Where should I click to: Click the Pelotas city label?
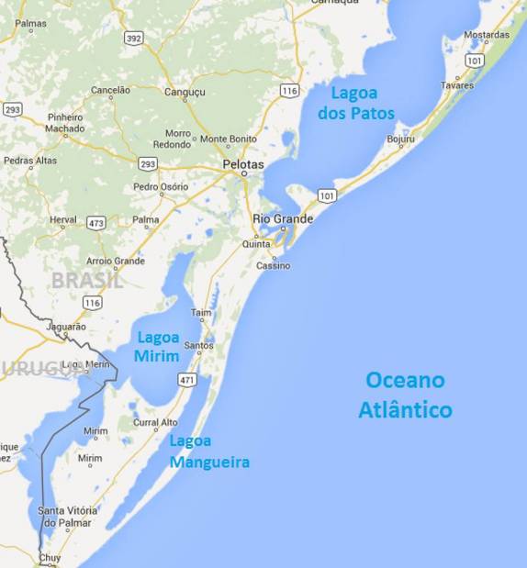click(x=243, y=164)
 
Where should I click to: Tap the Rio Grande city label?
click(x=283, y=218)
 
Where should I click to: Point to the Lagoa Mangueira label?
click(x=209, y=451)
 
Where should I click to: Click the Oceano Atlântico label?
click(x=405, y=395)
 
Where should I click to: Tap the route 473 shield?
click(x=96, y=223)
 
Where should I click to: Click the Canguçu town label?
click(x=185, y=91)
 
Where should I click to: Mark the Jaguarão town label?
click(x=65, y=326)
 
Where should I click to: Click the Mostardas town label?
click(x=487, y=35)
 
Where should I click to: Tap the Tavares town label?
click(x=456, y=85)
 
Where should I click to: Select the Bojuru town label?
click(x=401, y=139)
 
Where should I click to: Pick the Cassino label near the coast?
click(x=273, y=265)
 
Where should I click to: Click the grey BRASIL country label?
click(x=87, y=281)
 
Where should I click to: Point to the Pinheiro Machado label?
click(x=65, y=123)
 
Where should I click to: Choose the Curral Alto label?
click(x=155, y=423)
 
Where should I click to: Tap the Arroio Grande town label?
click(x=117, y=261)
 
